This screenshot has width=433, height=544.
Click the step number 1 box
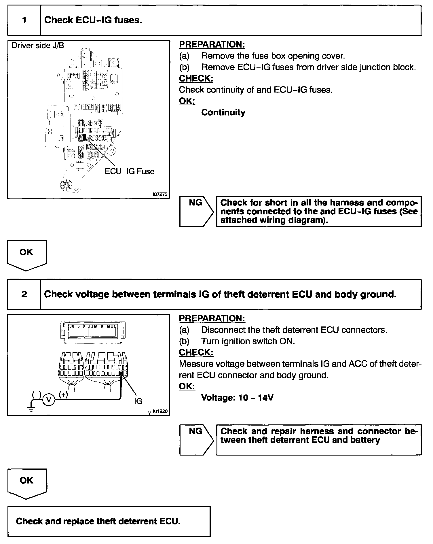pos(24,20)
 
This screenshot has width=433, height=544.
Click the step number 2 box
pos(24,294)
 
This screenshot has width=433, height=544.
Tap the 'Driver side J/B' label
pos(38,46)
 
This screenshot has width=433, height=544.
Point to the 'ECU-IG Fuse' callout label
pos(130,171)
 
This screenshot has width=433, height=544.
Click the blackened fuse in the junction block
pos(84,137)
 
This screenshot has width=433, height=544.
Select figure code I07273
pos(160,194)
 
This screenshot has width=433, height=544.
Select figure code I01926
pos(160,411)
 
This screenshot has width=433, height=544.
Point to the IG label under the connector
pos(138,401)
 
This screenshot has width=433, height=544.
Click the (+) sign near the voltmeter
pos(63,394)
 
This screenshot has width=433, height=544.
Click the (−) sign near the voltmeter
pos(37,394)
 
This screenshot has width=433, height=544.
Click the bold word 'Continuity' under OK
pos(223,112)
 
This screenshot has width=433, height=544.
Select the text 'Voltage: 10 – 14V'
pos(237,398)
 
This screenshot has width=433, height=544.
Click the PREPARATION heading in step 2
pos(212,318)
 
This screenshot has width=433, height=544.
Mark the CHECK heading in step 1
pos(196,78)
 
